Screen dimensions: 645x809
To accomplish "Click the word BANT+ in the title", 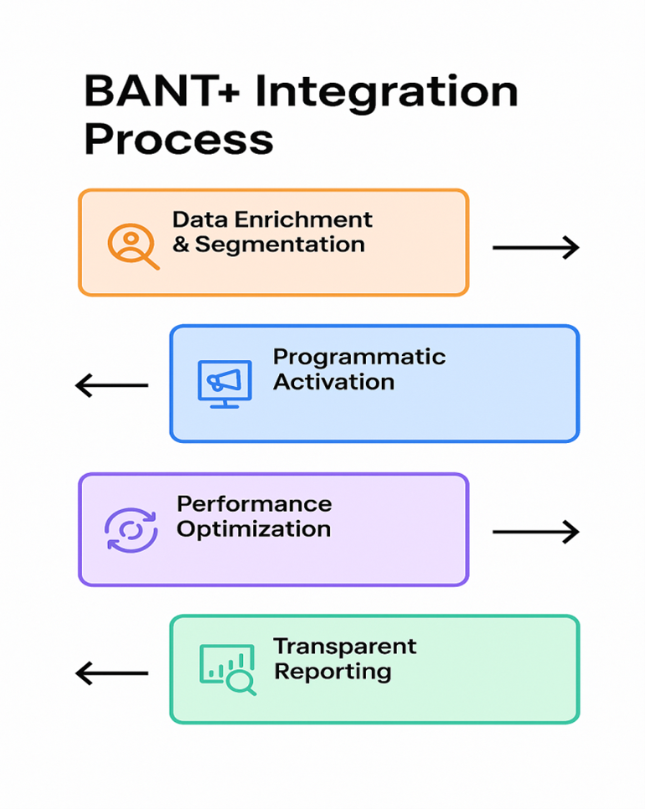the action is coord(162,91).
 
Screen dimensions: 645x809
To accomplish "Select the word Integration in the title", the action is coord(386,93).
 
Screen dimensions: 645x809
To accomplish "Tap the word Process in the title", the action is coord(178,139).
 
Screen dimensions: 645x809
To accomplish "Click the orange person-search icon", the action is coord(133,246).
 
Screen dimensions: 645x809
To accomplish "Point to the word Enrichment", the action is coord(303,219).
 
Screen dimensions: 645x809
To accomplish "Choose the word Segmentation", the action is coord(280,245).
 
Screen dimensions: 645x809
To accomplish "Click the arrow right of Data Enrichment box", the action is coord(535,248).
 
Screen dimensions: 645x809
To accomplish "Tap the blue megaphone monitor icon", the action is coord(225,384).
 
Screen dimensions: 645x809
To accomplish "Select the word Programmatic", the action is coord(359,358).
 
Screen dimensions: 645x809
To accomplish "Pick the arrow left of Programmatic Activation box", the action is coord(111,385).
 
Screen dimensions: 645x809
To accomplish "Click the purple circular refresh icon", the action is coord(131,530).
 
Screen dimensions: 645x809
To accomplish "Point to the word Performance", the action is coord(255,504).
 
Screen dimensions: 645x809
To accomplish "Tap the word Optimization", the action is coord(254,529).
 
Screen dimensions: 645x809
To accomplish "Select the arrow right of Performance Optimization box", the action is coord(535,532).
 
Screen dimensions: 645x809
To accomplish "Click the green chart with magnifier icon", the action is coord(228,669).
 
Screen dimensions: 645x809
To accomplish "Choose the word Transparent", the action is coord(345,647).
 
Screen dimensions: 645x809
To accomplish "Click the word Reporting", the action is coord(333,672).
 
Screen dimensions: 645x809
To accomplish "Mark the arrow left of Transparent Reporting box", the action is coord(111,673).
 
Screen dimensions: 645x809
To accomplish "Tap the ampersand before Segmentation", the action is coord(181,245).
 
